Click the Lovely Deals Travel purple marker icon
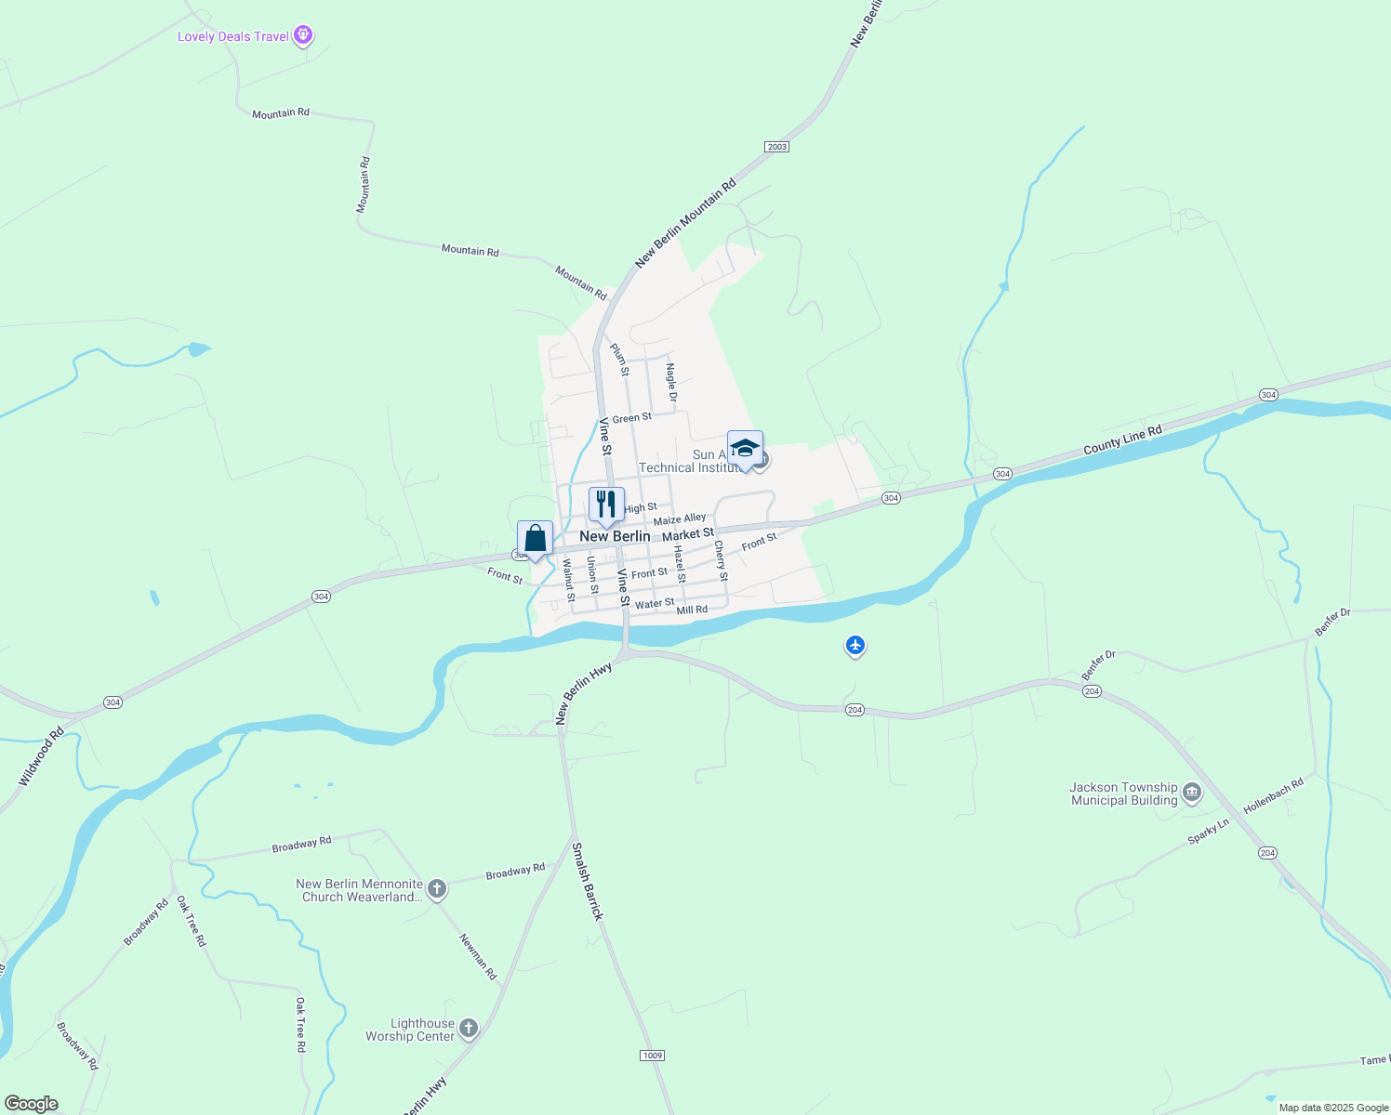click(x=302, y=36)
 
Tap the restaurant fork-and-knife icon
click(x=606, y=505)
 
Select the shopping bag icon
click(x=535, y=539)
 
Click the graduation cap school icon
click(x=745, y=449)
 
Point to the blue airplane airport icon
click(x=855, y=645)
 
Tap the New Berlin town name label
click(x=615, y=536)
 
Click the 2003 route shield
click(x=776, y=147)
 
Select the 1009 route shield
click(x=653, y=1055)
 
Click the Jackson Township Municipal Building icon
click(x=1192, y=794)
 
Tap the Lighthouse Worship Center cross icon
click(x=469, y=1028)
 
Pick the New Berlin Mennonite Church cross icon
click(x=437, y=889)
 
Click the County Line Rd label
click(x=1122, y=440)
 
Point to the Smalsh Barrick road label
click(x=588, y=881)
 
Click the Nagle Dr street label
click(x=671, y=383)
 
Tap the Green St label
click(x=631, y=418)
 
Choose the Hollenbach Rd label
click(x=1273, y=796)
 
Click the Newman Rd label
click(x=478, y=956)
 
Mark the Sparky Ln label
click(x=1208, y=832)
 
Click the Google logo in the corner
click(x=32, y=1104)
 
